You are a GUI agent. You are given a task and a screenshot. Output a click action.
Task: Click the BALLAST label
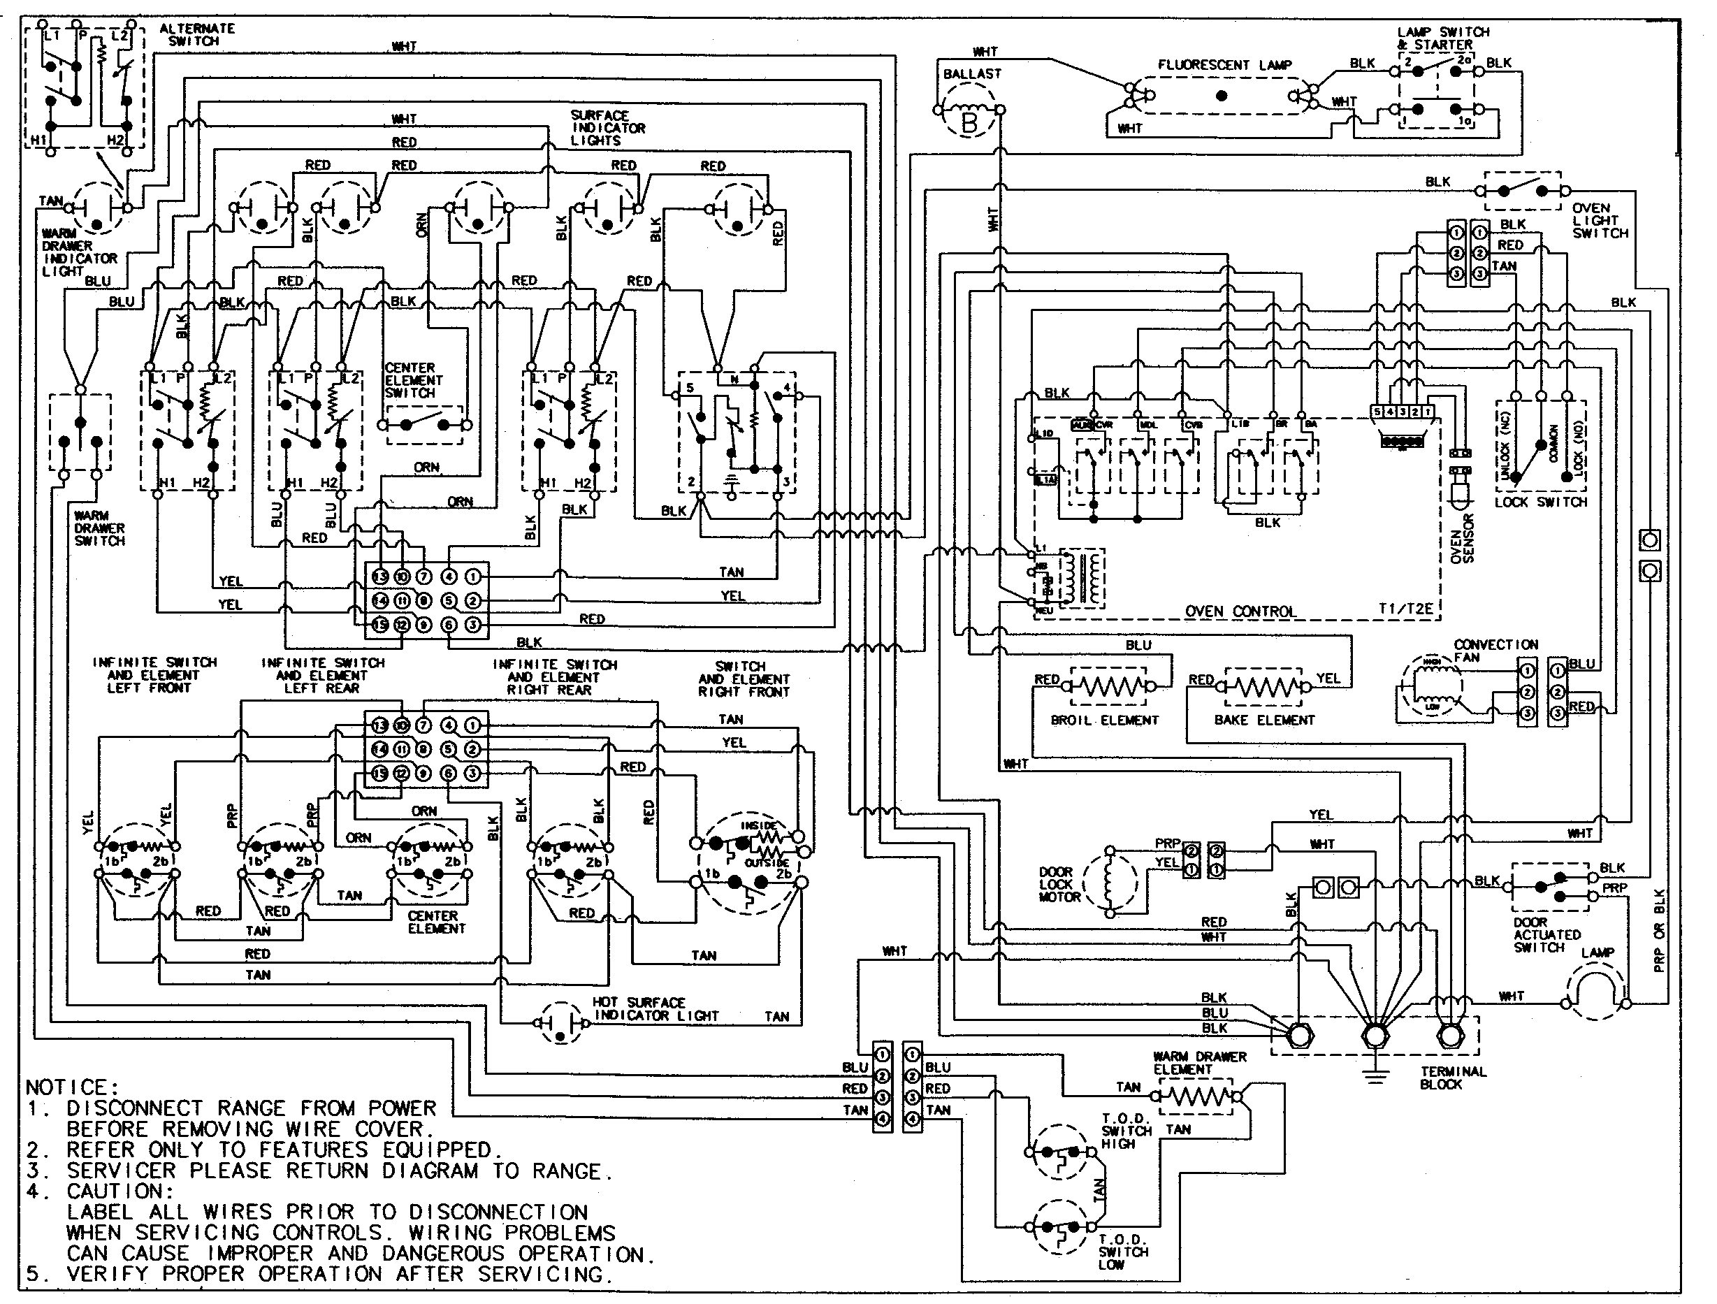[972, 74]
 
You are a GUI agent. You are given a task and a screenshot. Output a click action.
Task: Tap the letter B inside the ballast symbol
[969, 122]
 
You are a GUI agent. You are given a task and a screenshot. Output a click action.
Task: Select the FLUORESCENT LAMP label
[1224, 65]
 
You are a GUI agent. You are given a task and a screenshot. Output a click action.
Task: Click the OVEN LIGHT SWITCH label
[1600, 220]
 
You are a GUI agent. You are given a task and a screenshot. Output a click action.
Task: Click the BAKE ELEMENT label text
[1264, 720]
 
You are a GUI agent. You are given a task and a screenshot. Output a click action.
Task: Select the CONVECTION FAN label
[1495, 651]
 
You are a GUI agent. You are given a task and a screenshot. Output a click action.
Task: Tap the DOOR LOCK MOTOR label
[1059, 884]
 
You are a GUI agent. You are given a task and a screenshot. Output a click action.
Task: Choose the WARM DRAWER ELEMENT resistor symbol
[1196, 1096]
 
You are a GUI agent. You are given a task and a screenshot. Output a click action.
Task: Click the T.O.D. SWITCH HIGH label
[1126, 1131]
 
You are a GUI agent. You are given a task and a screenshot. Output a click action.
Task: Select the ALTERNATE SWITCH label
[196, 34]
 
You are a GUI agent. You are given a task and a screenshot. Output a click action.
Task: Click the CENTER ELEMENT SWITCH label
[413, 380]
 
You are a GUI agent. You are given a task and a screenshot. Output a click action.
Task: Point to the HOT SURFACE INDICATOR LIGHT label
[655, 1009]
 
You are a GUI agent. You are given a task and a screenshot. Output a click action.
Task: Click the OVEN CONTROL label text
[1240, 611]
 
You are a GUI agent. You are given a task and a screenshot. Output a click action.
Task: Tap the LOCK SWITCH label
[1540, 502]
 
